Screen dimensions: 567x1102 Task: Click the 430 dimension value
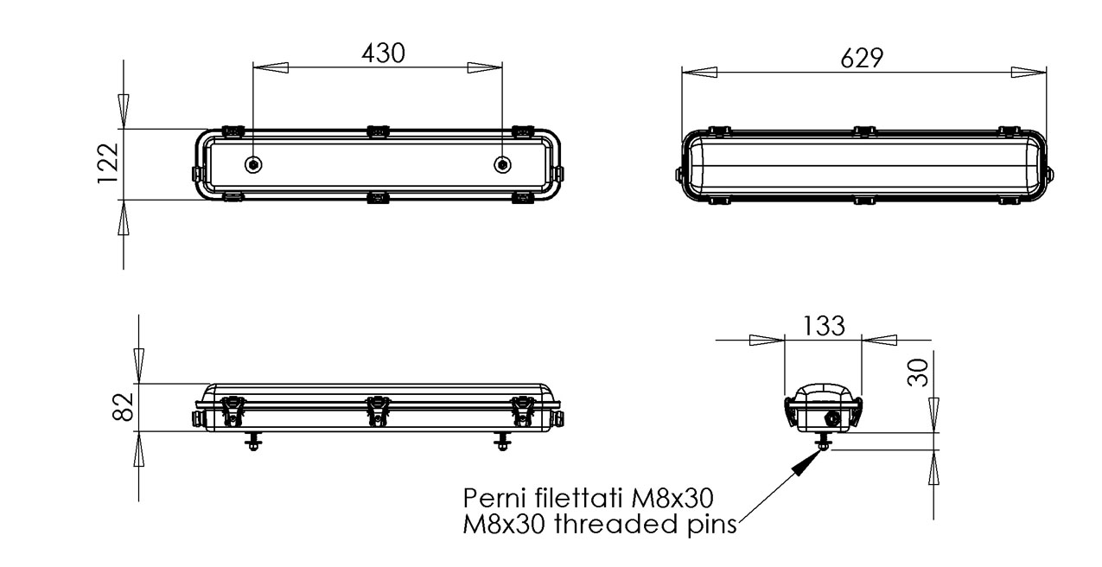click(x=382, y=53)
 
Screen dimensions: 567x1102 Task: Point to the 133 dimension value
click(x=824, y=326)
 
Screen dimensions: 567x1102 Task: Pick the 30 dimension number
click(x=919, y=372)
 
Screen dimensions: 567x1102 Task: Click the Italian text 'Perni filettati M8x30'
click(x=588, y=499)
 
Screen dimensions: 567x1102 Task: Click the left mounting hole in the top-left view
click(x=252, y=165)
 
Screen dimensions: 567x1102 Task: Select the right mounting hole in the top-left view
click(x=502, y=165)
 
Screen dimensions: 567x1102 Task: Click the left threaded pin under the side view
click(x=252, y=442)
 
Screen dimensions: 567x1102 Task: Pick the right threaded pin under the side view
click(x=502, y=442)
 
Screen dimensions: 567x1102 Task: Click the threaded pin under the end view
click(x=824, y=442)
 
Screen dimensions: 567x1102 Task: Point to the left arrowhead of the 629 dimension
click(x=698, y=73)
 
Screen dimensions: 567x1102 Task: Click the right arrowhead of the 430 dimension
click(x=485, y=67)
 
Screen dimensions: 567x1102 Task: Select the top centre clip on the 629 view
click(x=862, y=131)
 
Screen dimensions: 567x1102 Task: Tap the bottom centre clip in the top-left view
click(x=377, y=199)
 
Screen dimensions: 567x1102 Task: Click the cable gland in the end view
click(x=832, y=417)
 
